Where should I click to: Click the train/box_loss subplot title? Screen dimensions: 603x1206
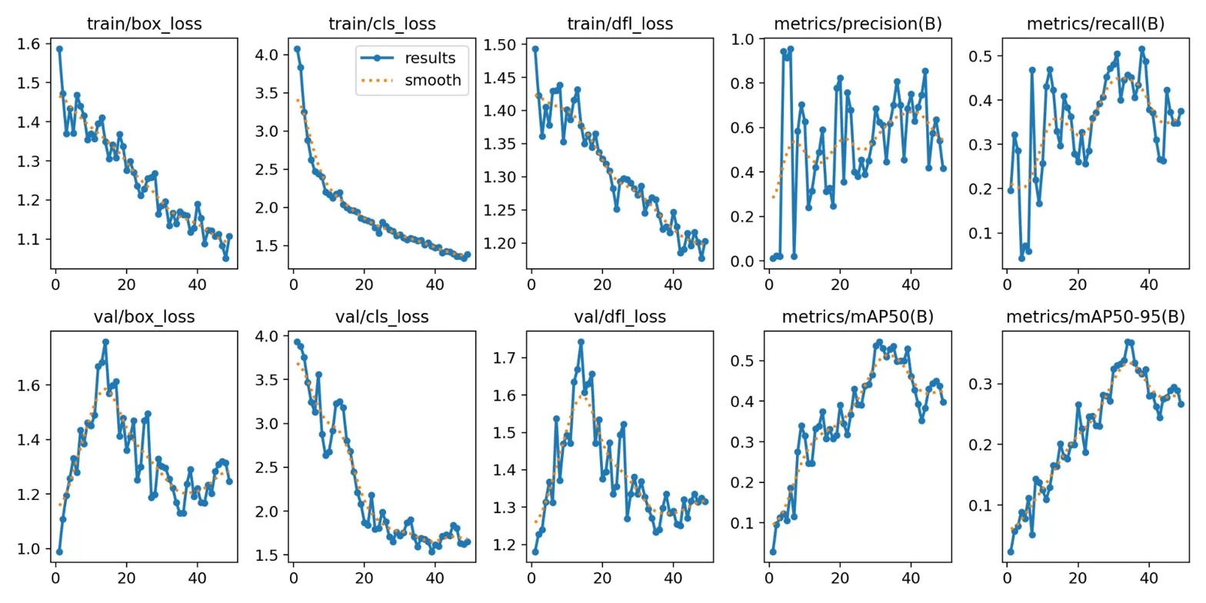[145, 24]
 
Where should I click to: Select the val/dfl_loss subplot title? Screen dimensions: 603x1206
[620, 316]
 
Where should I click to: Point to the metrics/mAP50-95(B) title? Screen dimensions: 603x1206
[1095, 316]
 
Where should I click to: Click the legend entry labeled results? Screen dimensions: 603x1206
[430, 58]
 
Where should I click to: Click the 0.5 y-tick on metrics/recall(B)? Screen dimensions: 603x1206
[989, 55]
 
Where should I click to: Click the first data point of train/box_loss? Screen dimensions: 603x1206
[59, 48]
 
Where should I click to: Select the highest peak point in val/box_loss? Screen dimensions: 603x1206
[105, 341]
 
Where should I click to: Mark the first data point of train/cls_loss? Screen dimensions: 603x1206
[297, 48]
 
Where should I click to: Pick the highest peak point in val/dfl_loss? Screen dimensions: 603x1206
[581, 341]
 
